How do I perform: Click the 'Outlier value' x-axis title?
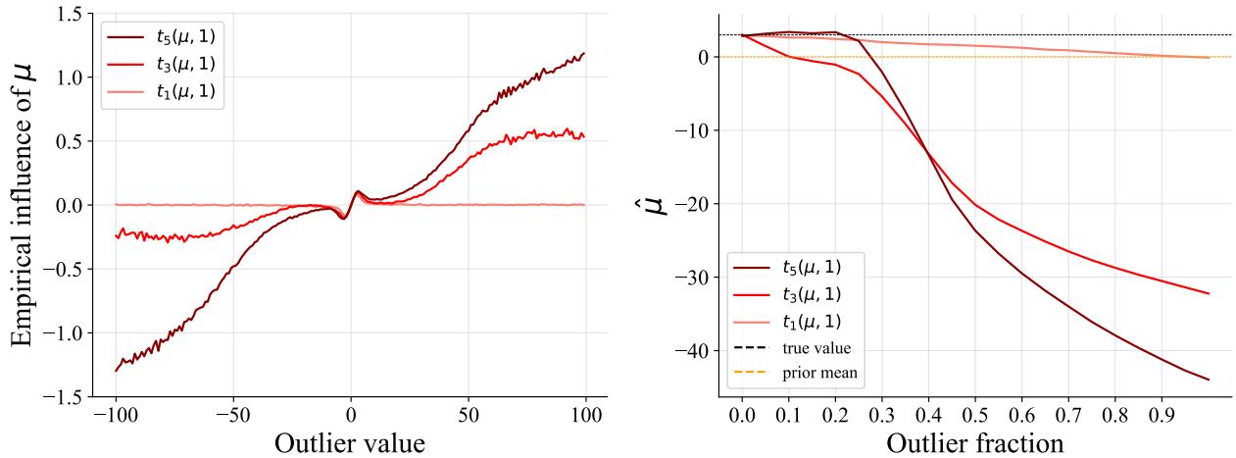point(350,441)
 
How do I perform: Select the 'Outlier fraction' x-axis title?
point(974,441)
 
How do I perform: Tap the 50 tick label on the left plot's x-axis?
point(469,412)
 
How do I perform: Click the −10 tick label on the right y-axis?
point(692,130)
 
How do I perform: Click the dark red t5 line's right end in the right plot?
point(1209,380)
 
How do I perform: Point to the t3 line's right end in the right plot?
point(1209,293)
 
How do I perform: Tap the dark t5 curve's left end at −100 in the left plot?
point(116,371)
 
